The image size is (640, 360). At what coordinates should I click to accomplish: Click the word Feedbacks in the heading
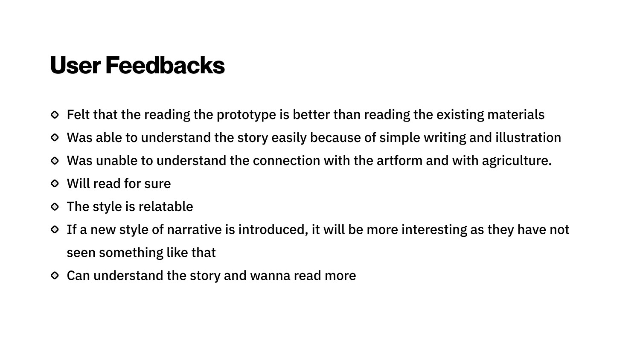point(165,65)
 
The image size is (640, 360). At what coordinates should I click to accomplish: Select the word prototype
point(246,115)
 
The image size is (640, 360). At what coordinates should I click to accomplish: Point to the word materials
point(516,115)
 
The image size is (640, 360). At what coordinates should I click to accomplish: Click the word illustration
point(528,137)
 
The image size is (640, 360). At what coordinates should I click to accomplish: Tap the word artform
point(399,160)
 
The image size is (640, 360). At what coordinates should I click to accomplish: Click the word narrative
point(194,229)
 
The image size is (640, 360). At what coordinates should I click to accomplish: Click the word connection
point(286,160)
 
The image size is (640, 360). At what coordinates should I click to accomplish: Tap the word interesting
point(434,230)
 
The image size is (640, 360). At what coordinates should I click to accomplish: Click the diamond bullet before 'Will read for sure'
point(55,183)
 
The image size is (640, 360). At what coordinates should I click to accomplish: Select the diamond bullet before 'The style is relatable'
point(55,206)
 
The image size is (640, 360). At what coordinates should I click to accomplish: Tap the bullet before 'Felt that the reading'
point(55,115)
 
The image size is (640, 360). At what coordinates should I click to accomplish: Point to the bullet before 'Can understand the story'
point(55,276)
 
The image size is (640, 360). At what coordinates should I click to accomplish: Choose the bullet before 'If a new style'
point(55,229)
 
